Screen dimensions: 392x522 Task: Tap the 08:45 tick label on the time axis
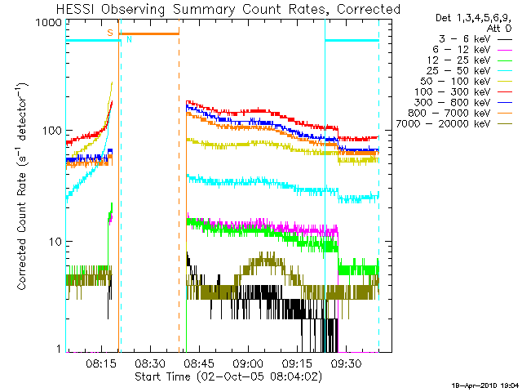pos(198,363)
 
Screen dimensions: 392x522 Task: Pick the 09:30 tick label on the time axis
pos(347,363)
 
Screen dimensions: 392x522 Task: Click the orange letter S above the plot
pos(109,32)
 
